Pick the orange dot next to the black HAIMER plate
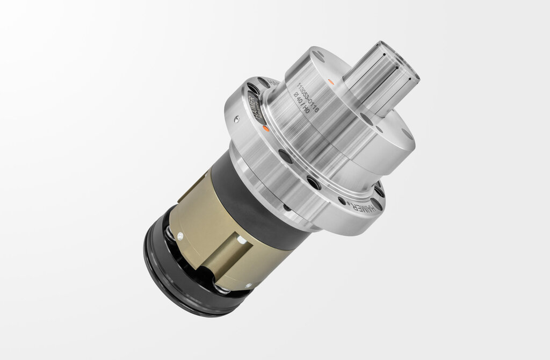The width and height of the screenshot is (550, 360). coord(266,128)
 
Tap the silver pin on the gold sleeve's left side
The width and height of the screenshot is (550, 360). coord(179,234)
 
